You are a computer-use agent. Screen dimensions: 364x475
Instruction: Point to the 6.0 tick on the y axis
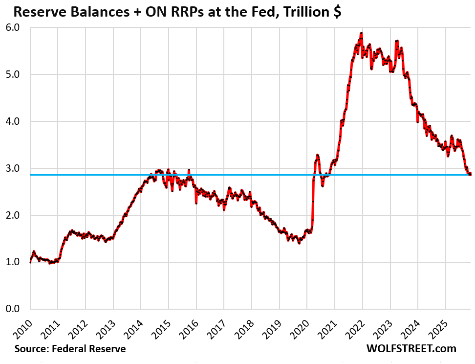[14, 27]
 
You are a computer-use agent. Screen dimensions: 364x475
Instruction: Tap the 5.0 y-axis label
[14, 74]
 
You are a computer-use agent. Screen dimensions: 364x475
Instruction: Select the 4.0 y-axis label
[14, 121]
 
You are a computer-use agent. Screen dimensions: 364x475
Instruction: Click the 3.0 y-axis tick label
[14, 168]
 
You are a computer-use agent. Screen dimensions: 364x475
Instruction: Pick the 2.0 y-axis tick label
[14, 215]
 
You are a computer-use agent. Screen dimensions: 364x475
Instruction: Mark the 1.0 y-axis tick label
[14, 262]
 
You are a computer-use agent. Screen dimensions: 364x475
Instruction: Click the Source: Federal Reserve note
[70, 349]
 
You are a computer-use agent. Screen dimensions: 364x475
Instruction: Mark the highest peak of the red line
[361, 33]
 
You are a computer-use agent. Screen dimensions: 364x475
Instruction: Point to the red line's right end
[470, 174]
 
